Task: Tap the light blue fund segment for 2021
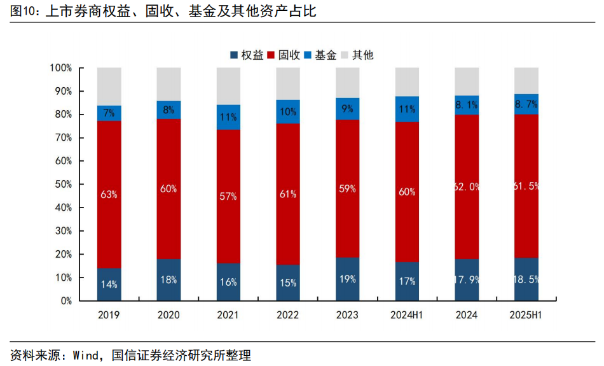coord(229,117)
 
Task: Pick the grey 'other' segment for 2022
coord(288,83)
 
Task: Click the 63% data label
coord(109,194)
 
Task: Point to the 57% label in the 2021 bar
coord(229,196)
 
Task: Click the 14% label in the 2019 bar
coord(109,284)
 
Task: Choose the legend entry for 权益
coord(247,55)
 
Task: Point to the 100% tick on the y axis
coord(61,68)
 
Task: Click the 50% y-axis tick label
coord(64,185)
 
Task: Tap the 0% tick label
coord(66,301)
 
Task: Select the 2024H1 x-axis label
coord(407,314)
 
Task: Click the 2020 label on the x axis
coord(168,314)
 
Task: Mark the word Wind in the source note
coord(86,355)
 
